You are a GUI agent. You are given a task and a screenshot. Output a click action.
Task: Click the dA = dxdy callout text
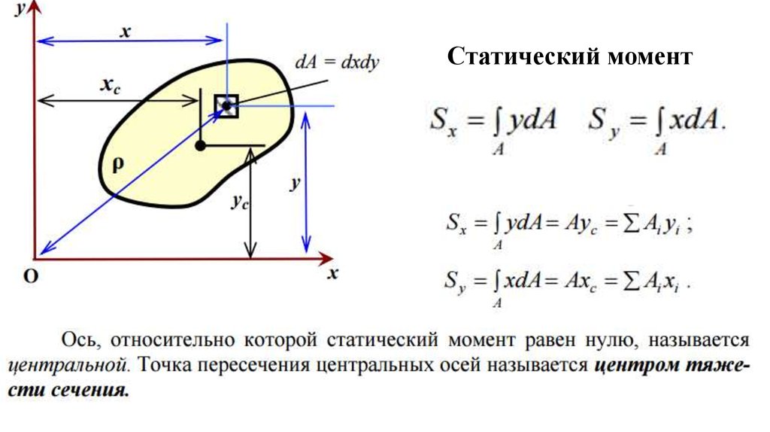(337, 64)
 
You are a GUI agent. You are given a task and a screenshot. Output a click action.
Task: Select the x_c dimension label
(111, 85)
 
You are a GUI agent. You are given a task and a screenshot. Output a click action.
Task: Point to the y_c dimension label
(239, 202)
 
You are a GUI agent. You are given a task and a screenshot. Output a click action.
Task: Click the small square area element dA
(226, 105)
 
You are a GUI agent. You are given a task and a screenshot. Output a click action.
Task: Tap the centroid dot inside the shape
(200, 145)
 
